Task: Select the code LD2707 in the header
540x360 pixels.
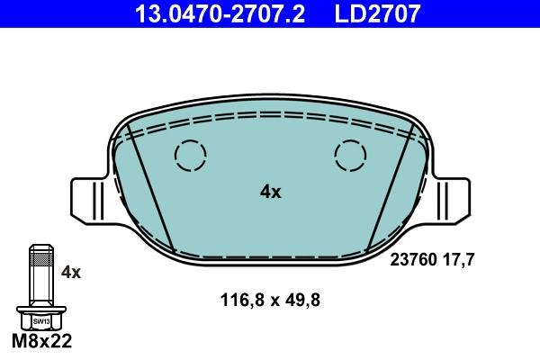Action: pos(378,13)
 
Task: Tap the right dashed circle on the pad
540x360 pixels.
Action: pos(351,156)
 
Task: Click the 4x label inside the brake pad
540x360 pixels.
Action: pos(270,192)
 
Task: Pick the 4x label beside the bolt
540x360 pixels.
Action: pos(71,272)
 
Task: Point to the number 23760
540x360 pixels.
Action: pos(412,259)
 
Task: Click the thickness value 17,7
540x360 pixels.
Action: pos(459,259)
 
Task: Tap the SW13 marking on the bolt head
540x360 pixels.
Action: pos(40,320)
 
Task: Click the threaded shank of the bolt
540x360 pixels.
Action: pos(40,279)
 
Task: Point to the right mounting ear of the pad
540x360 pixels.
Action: pos(453,200)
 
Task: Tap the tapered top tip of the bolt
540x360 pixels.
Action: pos(40,247)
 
